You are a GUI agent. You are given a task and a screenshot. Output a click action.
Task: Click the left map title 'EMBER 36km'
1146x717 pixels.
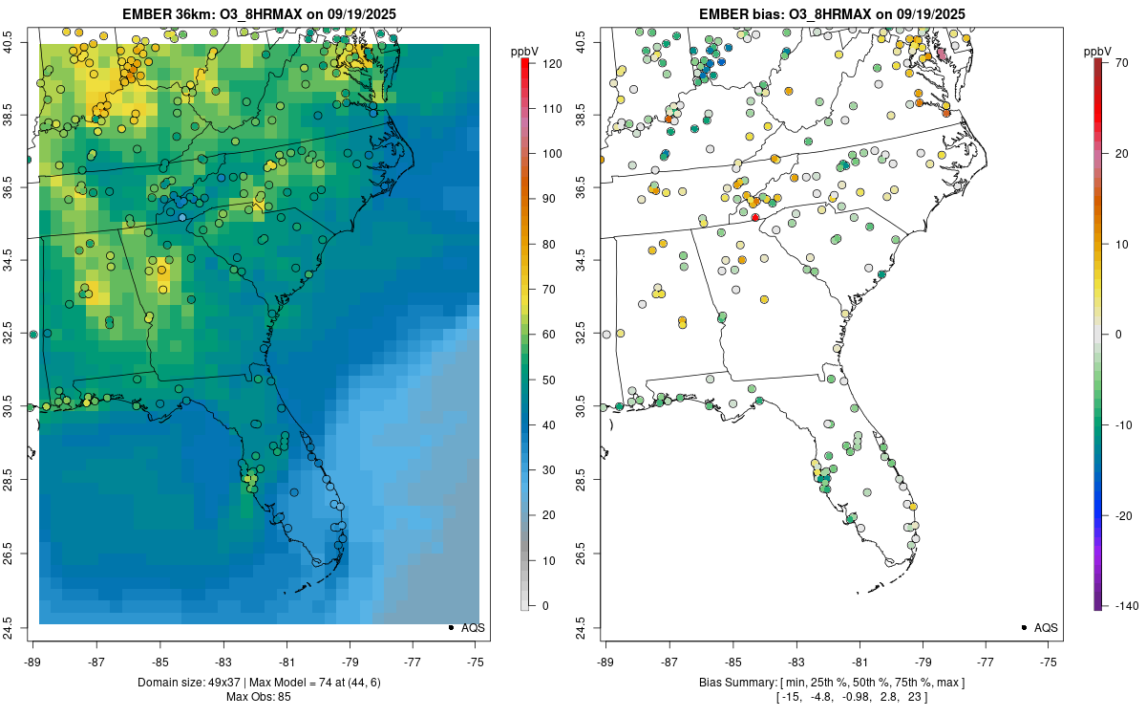click(x=163, y=14)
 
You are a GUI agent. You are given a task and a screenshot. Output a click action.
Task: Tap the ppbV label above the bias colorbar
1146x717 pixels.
click(x=1099, y=50)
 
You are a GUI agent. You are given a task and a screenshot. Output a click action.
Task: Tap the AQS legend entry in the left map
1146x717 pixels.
click(x=468, y=627)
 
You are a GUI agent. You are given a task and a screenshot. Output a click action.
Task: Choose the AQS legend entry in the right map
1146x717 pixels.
click(x=1041, y=627)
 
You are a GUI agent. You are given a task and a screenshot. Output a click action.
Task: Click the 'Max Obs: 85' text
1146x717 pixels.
click(x=259, y=696)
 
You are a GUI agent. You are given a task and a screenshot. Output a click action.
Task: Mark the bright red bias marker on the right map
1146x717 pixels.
click(x=754, y=218)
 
